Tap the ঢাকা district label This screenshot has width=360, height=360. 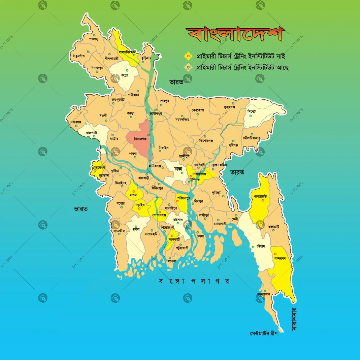[178, 168]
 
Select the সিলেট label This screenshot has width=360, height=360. [252, 111]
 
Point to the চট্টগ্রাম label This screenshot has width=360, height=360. [259, 246]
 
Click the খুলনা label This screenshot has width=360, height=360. [136, 229]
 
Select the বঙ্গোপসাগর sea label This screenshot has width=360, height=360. [194, 281]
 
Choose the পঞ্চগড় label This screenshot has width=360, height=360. [93, 39]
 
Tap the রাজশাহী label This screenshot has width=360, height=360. [92, 133]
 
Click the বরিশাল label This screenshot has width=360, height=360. [177, 219]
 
